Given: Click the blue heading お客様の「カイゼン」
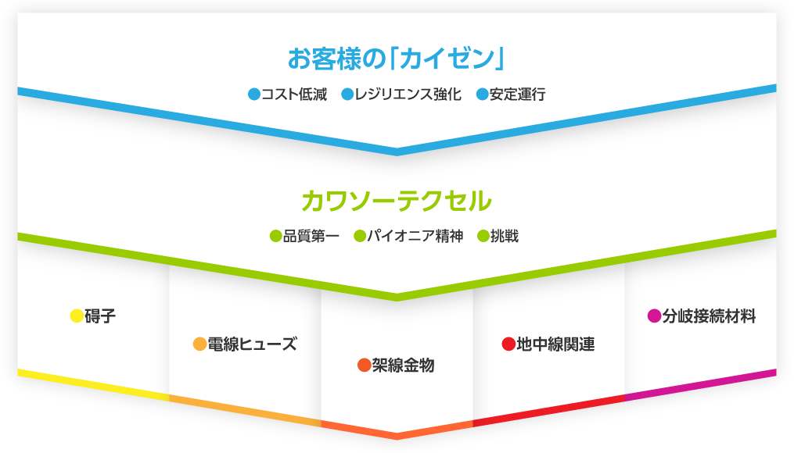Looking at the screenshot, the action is pyautogui.click(x=397, y=58).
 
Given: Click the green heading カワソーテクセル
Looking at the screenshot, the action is pyautogui.click(x=397, y=201).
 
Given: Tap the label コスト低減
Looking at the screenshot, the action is pyautogui.click(x=294, y=94).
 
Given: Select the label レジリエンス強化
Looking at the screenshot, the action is pyautogui.click(x=408, y=94).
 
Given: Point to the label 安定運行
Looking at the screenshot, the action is pyautogui.click(x=518, y=94).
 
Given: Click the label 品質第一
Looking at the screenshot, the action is pyautogui.click(x=311, y=236).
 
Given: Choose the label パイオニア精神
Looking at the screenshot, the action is pyautogui.click(x=415, y=236).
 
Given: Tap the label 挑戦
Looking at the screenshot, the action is pyautogui.click(x=505, y=236).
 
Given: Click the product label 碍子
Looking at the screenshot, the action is pyautogui.click(x=100, y=316).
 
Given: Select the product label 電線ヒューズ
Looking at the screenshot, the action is pyautogui.click(x=252, y=344).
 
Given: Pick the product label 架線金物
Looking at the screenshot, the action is pyautogui.click(x=403, y=365).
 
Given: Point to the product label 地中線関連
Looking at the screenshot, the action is pyautogui.click(x=555, y=344).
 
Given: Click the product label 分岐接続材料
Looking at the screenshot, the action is pyautogui.click(x=709, y=316).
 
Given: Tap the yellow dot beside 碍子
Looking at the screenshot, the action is pyautogui.click(x=77, y=316).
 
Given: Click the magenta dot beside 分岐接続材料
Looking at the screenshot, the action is pyautogui.click(x=654, y=316).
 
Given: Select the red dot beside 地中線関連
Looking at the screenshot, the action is pyautogui.click(x=508, y=344).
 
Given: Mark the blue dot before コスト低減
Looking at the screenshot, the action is pyautogui.click(x=254, y=94).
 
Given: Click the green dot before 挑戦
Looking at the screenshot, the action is pyautogui.click(x=483, y=236).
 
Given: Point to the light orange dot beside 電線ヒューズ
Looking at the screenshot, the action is pyautogui.click(x=200, y=344).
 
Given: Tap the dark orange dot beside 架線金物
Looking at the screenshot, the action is pyautogui.click(x=364, y=365).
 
